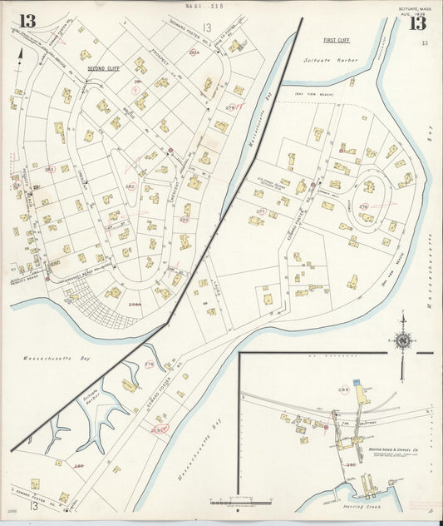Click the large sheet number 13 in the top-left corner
(27, 21)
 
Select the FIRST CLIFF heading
(337, 40)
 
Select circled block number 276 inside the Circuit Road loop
(363, 206)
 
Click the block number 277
(259, 211)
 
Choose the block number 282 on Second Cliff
(130, 187)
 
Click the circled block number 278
(150, 364)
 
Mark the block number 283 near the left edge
(49, 170)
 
